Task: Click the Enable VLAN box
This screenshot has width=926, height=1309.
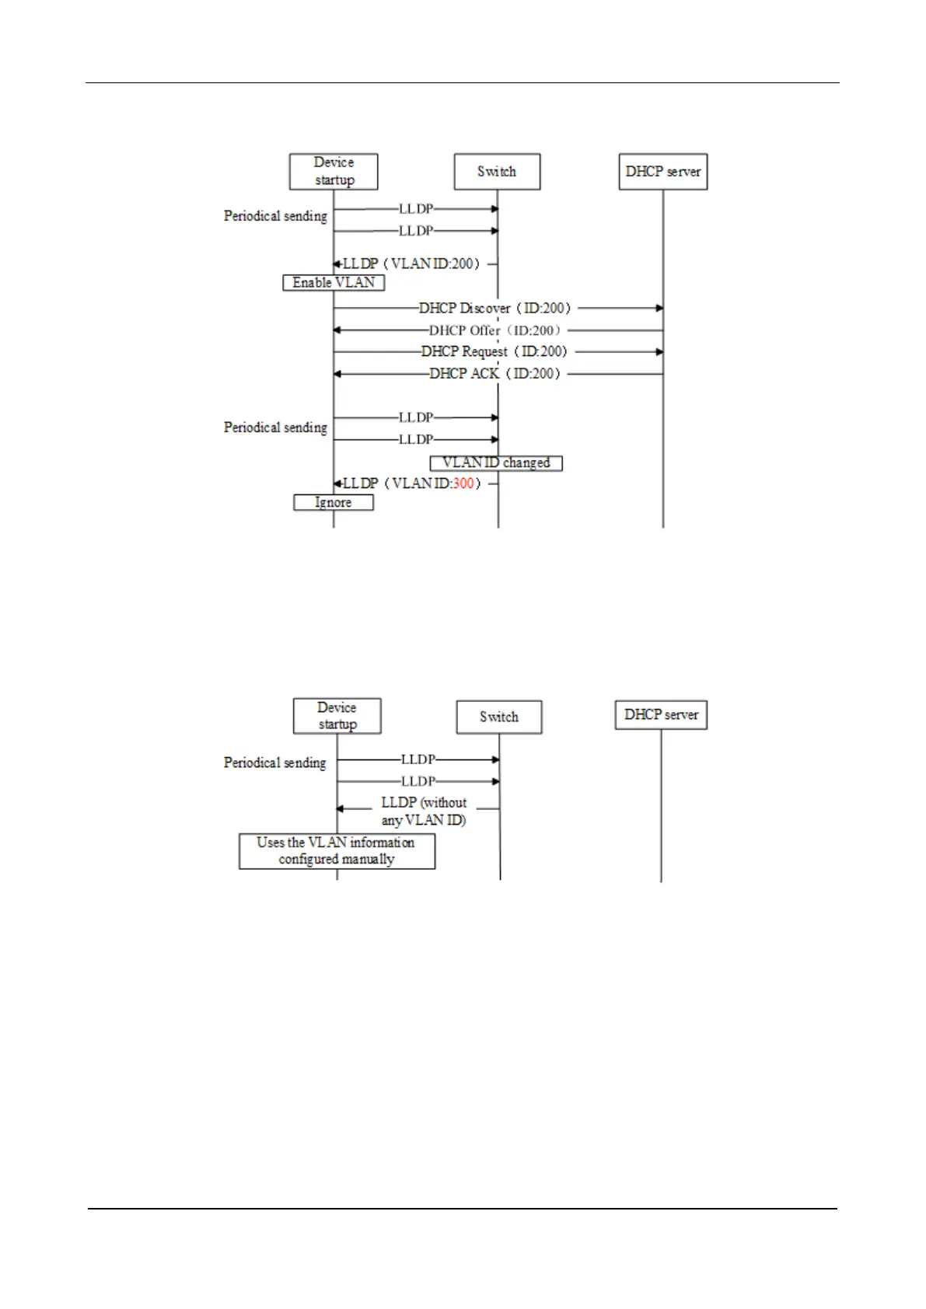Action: [x=334, y=283]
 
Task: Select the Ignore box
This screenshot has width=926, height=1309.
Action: [x=333, y=503]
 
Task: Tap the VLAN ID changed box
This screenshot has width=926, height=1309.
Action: [x=496, y=463]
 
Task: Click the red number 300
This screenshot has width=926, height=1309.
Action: [x=463, y=483]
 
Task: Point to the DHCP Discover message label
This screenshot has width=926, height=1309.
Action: [x=495, y=309]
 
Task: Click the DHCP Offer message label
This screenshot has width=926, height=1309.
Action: [x=495, y=330]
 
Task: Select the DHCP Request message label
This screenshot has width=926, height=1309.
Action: [x=495, y=352]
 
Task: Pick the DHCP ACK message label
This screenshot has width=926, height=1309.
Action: [x=495, y=374]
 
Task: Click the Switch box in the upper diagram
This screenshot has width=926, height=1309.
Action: [x=497, y=172]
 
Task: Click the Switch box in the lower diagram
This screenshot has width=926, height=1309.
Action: [x=498, y=717]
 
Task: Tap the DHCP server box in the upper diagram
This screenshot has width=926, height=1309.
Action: [x=662, y=172]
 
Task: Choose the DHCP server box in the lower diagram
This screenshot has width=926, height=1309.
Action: [x=661, y=715]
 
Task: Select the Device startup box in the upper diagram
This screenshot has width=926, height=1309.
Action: [x=334, y=172]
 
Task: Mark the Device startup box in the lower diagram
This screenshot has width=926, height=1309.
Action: [x=337, y=716]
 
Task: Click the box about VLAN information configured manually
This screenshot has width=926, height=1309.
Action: [x=337, y=851]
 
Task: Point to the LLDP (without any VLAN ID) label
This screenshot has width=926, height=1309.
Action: [x=424, y=812]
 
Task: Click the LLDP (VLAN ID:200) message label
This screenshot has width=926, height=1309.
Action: [x=411, y=264]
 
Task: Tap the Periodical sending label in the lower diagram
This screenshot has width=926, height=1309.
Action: [x=275, y=763]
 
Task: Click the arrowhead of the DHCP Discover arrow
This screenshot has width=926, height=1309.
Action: [x=659, y=309]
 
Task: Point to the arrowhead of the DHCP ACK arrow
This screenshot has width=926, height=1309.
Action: [x=337, y=374]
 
